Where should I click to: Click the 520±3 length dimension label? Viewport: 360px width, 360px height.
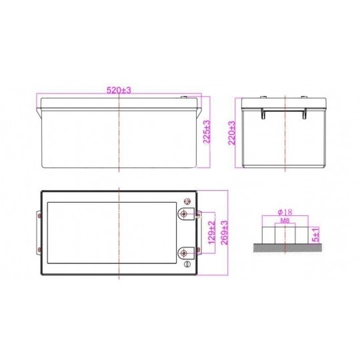pyautogui.click(x=119, y=90)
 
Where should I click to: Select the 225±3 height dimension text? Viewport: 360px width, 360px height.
pyautogui.click(x=207, y=132)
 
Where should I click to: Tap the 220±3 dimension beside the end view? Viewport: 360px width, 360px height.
pyautogui.click(x=232, y=133)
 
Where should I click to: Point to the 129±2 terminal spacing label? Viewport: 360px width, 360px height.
pyautogui.click(x=212, y=232)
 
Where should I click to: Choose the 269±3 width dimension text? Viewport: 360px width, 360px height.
pyautogui.click(x=224, y=233)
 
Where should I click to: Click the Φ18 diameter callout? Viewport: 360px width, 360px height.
pyautogui.click(x=285, y=212)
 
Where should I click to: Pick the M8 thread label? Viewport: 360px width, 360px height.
pyautogui.click(x=285, y=221)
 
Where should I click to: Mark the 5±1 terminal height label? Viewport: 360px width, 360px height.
pyautogui.click(x=316, y=235)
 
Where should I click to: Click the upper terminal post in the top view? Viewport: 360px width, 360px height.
pyautogui.click(x=184, y=214)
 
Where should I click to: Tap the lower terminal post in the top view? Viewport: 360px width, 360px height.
pyautogui.click(x=184, y=253)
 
